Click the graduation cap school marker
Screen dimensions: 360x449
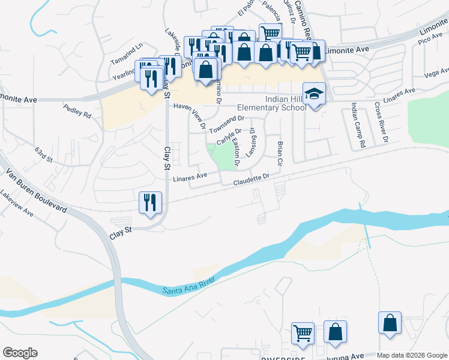[x=313, y=94]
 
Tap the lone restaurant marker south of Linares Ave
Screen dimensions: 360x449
[x=149, y=202]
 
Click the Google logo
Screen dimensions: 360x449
[x=20, y=353]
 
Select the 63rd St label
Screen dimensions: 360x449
[x=44, y=155]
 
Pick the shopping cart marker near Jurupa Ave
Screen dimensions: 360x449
[x=303, y=333]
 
